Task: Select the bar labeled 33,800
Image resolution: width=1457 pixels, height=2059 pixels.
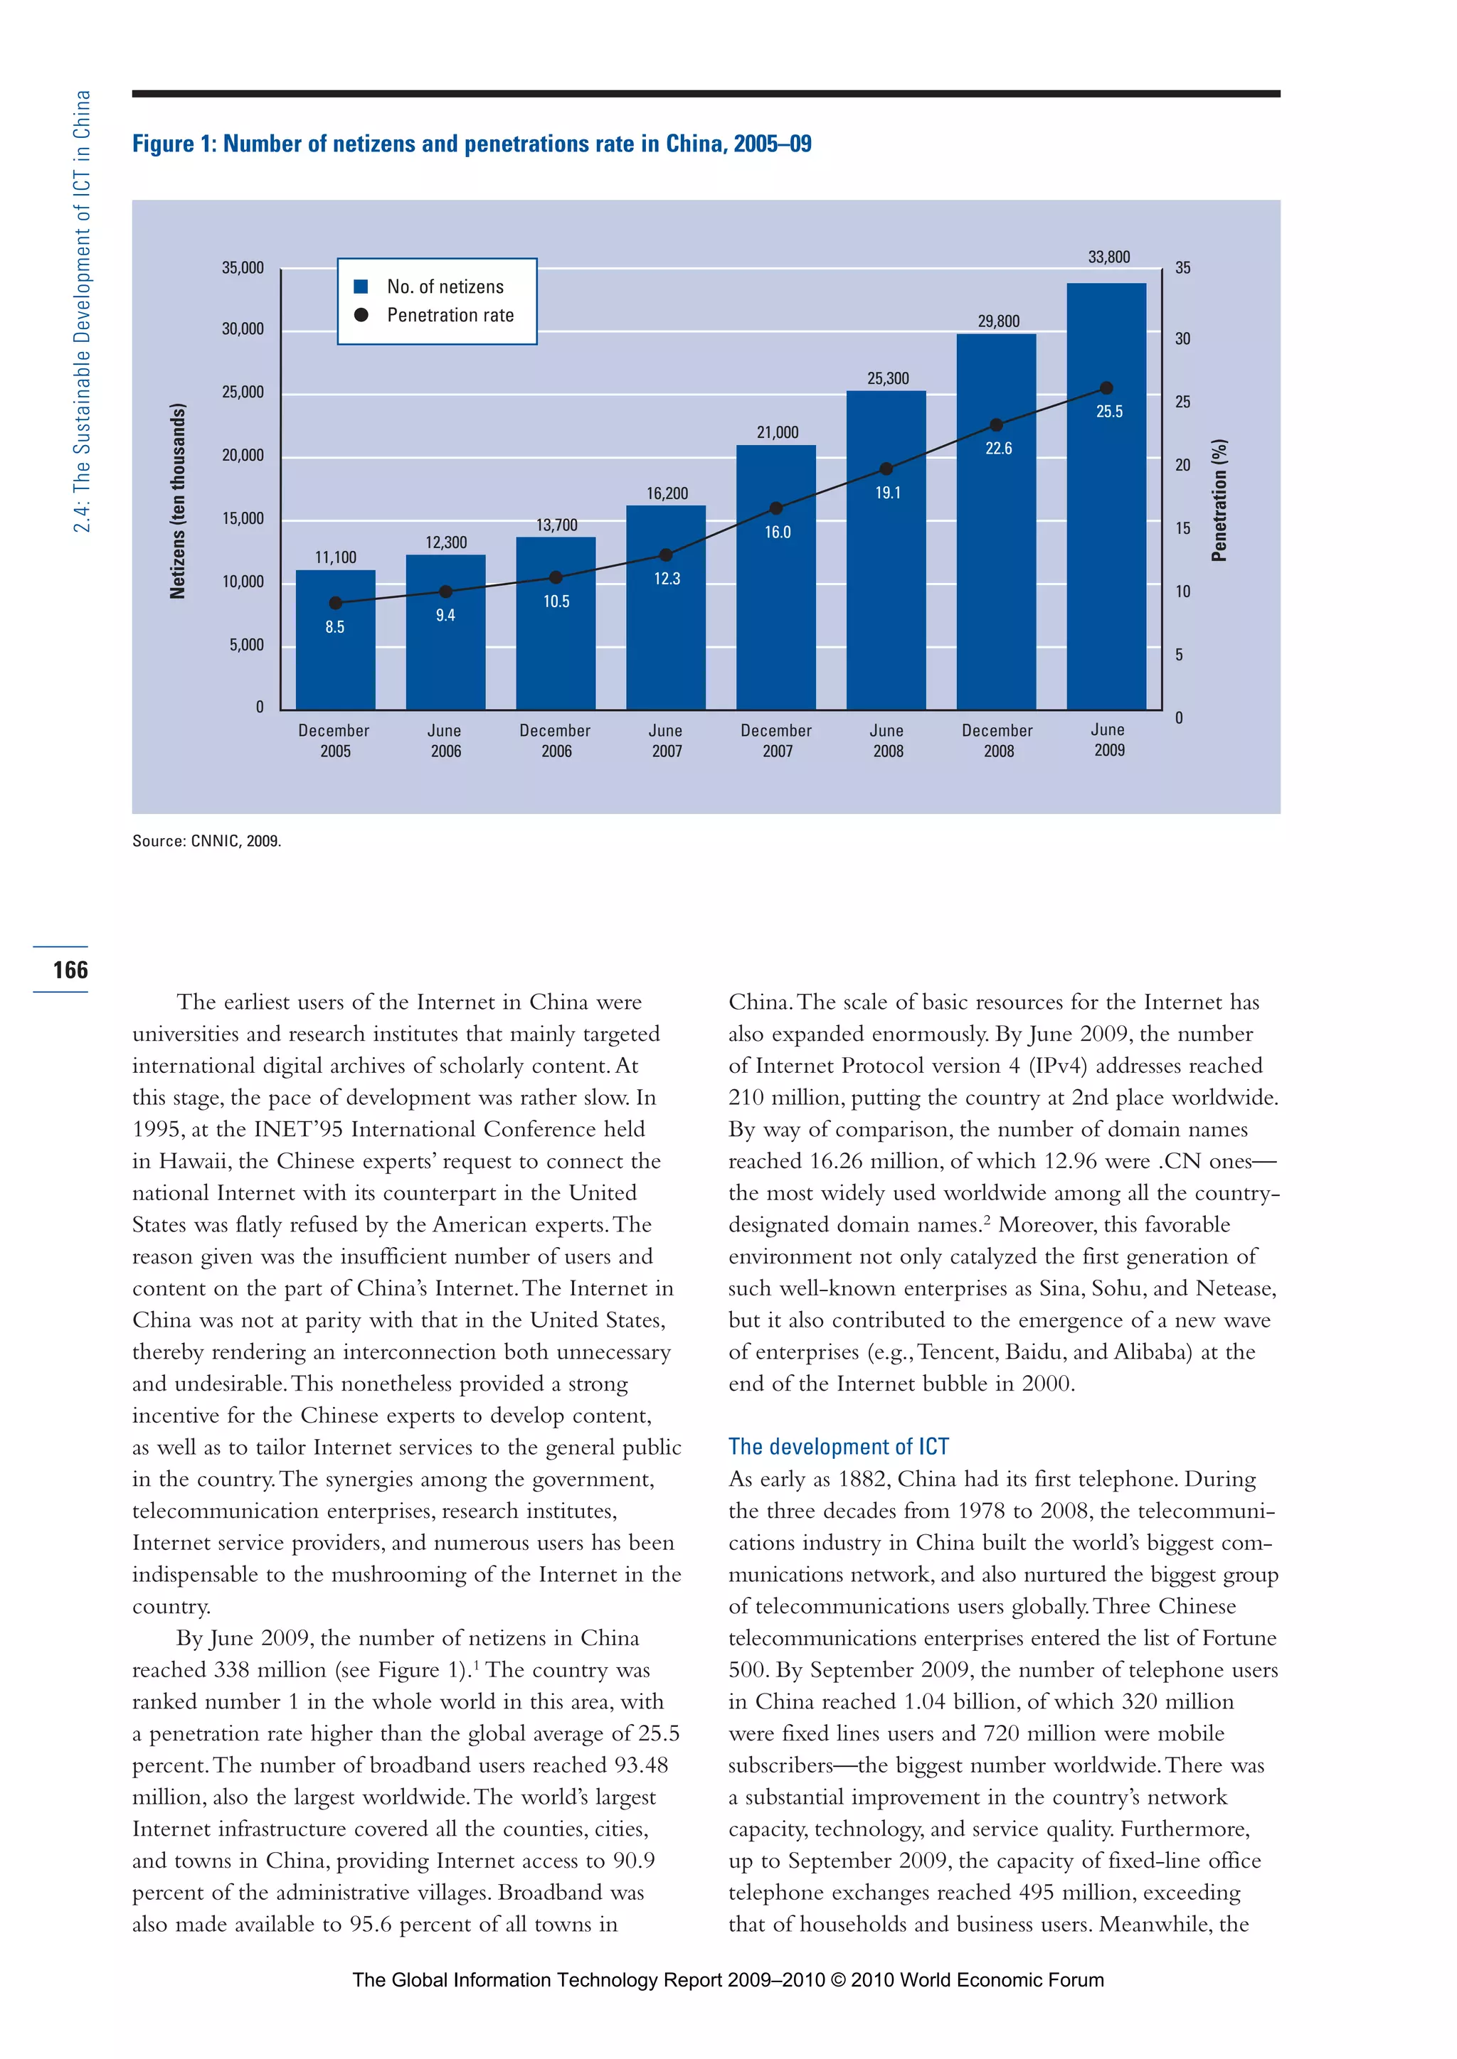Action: [x=1106, y=538]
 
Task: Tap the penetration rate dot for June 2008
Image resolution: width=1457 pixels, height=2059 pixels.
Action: [x=886, y=469]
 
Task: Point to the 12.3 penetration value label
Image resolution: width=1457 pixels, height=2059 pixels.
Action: [x=667, y=579]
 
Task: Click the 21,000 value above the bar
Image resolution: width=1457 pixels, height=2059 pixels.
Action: [x=777, y=433]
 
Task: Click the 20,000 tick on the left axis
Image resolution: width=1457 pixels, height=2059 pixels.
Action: [x=243, y=456]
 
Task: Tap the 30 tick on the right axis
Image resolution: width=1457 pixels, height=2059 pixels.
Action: [x=1182, y=339]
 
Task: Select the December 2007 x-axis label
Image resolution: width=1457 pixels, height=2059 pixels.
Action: [x=777, y=741]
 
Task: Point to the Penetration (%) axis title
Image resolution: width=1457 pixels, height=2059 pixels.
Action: [x=1219, y=501]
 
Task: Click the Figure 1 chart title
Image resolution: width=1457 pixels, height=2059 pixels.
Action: [x=472, y=144]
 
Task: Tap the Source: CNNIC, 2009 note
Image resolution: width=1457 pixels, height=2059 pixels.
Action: [x=206, y=841]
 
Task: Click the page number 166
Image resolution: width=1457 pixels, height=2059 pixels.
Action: [x=70, y=970]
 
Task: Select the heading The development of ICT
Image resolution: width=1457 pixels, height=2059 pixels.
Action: [x=838, y=1447]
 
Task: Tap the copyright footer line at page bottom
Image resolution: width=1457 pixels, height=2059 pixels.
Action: [x=728, y=1980]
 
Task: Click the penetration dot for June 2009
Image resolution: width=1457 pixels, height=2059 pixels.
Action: [x=1106, y=388]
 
